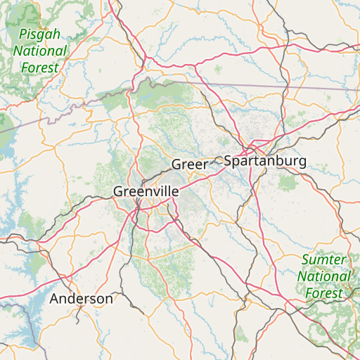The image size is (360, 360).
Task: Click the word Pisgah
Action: click(x=39, y=34)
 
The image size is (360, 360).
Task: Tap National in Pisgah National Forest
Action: click(x=39, y=51)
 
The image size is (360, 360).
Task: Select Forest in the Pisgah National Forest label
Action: click(x=39, y=68)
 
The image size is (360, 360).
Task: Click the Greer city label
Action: click(x=189, y=165)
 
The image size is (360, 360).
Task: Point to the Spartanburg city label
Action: click(x=265, y=161)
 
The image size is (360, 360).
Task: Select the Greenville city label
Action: click(x=146, y=191)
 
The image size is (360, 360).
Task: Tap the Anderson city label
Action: click(x=81, y=299)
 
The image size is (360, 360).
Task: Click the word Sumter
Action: click(x=324, y=260)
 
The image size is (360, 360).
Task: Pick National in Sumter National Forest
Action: click(x=324, y=276)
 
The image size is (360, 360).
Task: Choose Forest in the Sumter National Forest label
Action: click(x=324, y=293)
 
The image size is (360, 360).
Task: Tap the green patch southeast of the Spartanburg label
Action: click(x=287, y=183)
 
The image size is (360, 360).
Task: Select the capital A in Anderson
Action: click(x=54, y=299)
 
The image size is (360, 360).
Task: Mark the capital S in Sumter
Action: click(x=305, y=260)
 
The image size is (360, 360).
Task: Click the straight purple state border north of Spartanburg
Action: click(x=281, y=86)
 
